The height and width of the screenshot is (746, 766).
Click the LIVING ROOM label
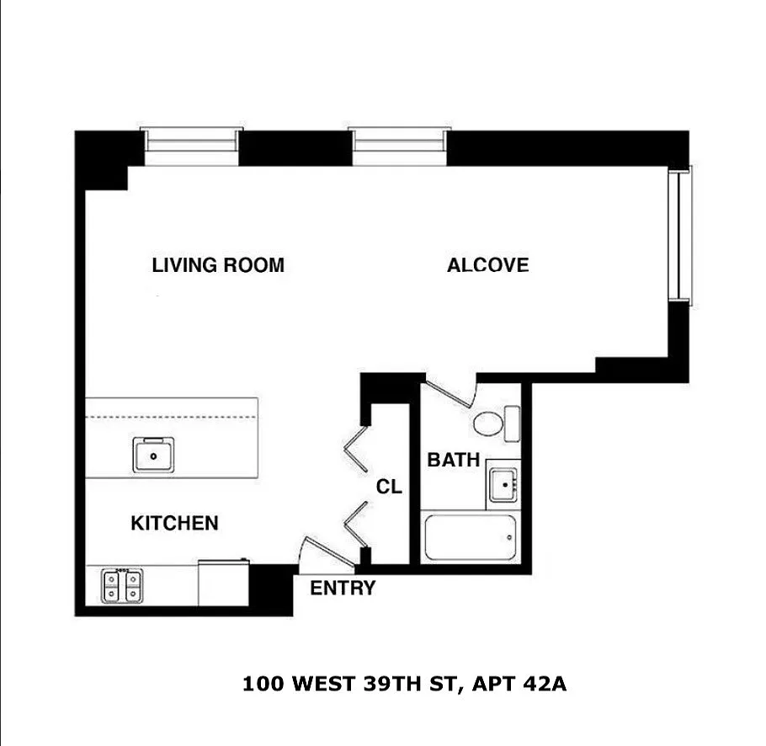point(218,265)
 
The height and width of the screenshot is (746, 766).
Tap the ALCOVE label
point(487,265)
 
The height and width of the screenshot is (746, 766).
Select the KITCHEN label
point(174,523)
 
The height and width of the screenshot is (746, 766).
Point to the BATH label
point(454,460)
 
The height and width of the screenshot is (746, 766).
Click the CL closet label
point(389,487)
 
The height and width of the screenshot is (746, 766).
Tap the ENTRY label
point(343,588)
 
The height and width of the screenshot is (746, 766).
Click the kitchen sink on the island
point(153,456)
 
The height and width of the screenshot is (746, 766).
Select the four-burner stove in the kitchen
point(122,586)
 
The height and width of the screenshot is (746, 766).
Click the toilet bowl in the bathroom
point(487,424)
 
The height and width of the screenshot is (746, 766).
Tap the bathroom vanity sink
point(503,485)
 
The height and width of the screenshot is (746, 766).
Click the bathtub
point(471,537)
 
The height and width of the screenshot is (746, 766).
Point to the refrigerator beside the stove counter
point(224,583)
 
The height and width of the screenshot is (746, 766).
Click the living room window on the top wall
point(192,147)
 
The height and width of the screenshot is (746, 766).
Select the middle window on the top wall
point(399,147)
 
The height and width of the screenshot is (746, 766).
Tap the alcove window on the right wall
point(680,236)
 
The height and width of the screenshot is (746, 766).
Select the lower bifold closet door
point(355,525)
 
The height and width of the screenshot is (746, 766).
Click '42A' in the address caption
point(545,684)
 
